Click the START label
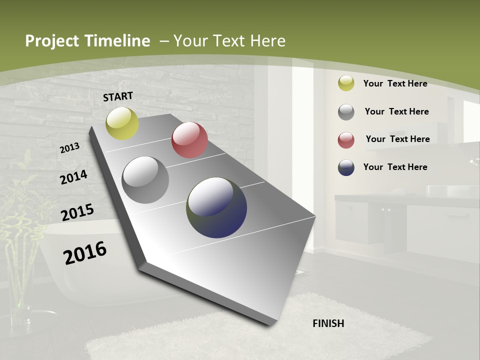[x=118, y=96]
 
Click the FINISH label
[x=328, y=323]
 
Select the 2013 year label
[x=70, y=148]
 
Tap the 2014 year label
[x=73, y=177]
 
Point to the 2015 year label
[x=77, y=212]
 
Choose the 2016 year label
[x=85, y=252]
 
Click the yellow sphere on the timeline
[x=122, y=123]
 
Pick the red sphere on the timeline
[x=189, y=140]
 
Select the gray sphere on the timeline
[x=145, y=180]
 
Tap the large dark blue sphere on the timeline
[x=216, y=207]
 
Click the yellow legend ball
[x=346, y=83]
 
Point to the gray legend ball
[x=346, y=112]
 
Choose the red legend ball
[x=346, y=140]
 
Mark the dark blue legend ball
[x=346, y=167]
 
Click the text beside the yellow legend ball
[x=395, y=83]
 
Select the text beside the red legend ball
[x=397, y=139]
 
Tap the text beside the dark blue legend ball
[x=395, y=167]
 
